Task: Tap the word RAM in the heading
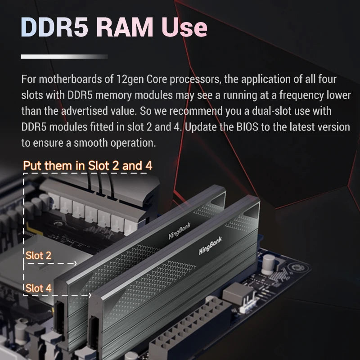(124, 28)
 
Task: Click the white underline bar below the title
(64, 57)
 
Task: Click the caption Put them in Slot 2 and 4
(88, 166)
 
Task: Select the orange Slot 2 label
(38, 256)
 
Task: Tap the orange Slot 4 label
(38, 288)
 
